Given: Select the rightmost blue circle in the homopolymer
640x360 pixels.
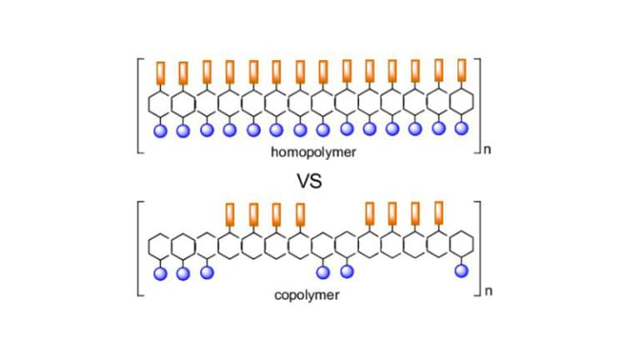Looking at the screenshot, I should point(461,128).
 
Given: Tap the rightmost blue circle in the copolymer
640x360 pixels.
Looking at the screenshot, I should point(461,272).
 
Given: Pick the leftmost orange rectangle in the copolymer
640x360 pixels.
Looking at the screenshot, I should point(230,215).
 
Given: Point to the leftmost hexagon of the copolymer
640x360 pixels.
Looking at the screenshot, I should point(160,246).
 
